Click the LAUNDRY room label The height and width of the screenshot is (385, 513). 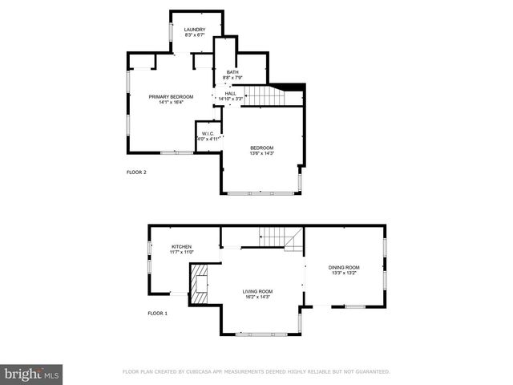(196, 30)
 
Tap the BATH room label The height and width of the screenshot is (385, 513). (232, 72)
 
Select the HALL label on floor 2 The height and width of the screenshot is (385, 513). (230, 93)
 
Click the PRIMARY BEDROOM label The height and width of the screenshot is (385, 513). (171, 96)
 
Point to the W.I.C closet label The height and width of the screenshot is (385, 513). (207, 133)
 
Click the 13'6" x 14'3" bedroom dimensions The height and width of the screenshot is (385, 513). (262, 153)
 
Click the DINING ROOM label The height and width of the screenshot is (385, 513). (344, 267)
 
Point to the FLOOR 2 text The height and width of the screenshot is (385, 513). (136, 172)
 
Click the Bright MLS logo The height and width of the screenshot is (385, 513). (32, 374)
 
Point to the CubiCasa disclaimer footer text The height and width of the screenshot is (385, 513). (256, 371)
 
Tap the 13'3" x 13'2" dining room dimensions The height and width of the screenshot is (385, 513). (344, 273)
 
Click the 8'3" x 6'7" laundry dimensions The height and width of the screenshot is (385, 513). (196, 35)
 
